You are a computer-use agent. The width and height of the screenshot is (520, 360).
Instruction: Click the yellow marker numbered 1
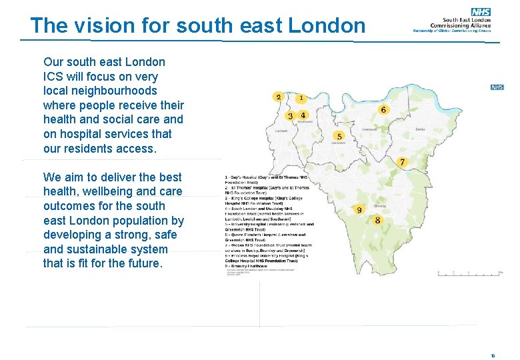point(301,98)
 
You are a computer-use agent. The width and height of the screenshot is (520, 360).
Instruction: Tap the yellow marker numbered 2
point(278,97)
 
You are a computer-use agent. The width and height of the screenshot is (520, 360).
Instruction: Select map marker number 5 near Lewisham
point(339,137)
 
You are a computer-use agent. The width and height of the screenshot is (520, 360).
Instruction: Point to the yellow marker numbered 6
point(383,109)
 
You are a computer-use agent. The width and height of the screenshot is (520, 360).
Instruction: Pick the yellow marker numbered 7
point(402,162)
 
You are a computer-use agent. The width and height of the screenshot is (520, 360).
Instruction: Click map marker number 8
point(378,220)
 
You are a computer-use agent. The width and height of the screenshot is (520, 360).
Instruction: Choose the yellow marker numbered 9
point(359,209)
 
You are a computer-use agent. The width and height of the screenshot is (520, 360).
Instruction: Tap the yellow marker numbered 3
point(290,115)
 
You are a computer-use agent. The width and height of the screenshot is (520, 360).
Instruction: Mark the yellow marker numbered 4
point(303,115)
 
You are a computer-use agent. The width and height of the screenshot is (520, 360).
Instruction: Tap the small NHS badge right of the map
point(497,87)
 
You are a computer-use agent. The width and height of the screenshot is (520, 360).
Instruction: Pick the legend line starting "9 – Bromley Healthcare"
point(250,265)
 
